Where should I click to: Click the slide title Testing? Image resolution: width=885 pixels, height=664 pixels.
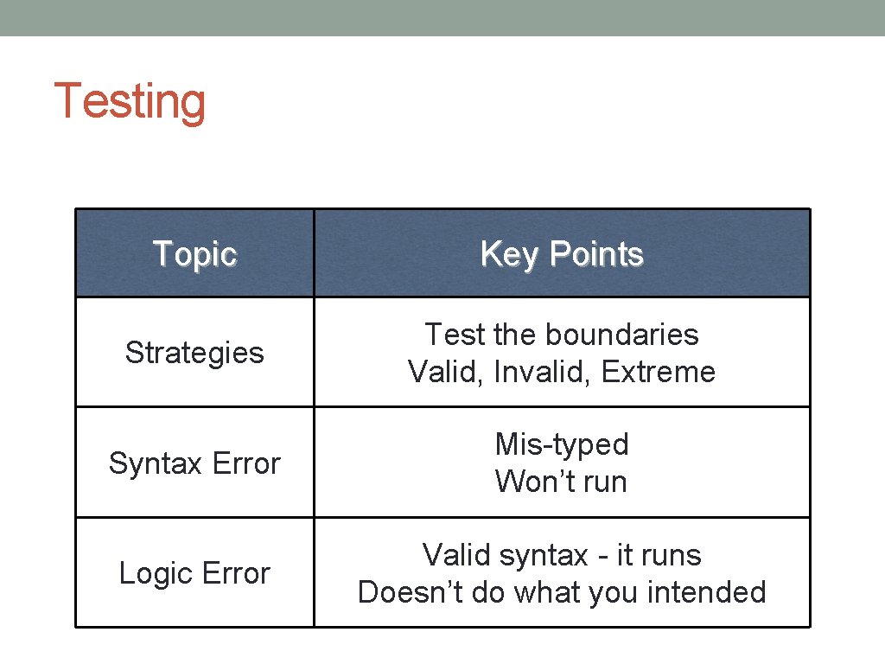click(x=130, y=102)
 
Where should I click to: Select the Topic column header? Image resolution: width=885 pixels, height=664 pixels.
click(x=194, y=254)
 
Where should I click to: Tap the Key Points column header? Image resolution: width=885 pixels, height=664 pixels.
click(x=562, y=254)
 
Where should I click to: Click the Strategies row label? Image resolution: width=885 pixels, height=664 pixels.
click(x=194, y=353)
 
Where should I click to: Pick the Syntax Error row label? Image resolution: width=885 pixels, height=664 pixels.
click(x=194, y=463)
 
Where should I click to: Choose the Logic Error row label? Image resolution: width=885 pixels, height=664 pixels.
click(x=194, y=573)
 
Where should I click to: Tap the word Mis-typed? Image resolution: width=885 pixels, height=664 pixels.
click(x=562, y=444)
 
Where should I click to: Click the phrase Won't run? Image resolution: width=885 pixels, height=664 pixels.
click(x=562, y=482)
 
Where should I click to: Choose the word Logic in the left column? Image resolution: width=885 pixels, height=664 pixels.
click(x=156, y=574)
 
